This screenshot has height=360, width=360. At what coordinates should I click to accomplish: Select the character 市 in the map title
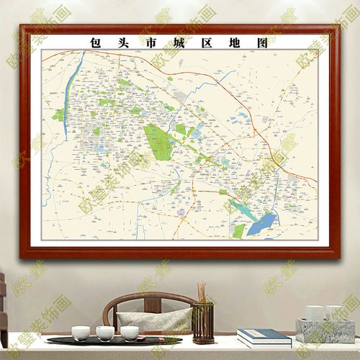150,42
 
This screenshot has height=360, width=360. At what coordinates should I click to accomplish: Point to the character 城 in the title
179,42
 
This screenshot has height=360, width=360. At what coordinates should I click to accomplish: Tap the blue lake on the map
264,222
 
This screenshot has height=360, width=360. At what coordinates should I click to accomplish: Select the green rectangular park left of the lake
239,230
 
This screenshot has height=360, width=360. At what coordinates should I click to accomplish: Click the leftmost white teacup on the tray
81,333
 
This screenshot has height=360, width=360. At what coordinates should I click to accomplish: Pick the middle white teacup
105,333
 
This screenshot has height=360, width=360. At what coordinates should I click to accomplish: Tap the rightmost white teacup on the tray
130,333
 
